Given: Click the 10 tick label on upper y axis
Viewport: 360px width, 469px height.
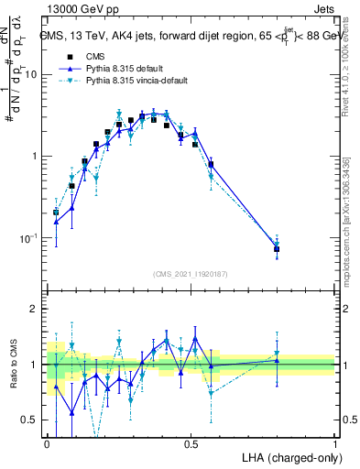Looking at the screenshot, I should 30,74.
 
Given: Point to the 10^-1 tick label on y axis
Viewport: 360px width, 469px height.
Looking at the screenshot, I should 27,238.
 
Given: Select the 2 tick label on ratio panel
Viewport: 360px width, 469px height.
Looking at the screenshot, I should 35,310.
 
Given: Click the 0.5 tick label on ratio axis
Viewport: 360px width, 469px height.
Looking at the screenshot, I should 30,420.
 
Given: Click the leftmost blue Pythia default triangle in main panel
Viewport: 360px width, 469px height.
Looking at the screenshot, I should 57,222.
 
